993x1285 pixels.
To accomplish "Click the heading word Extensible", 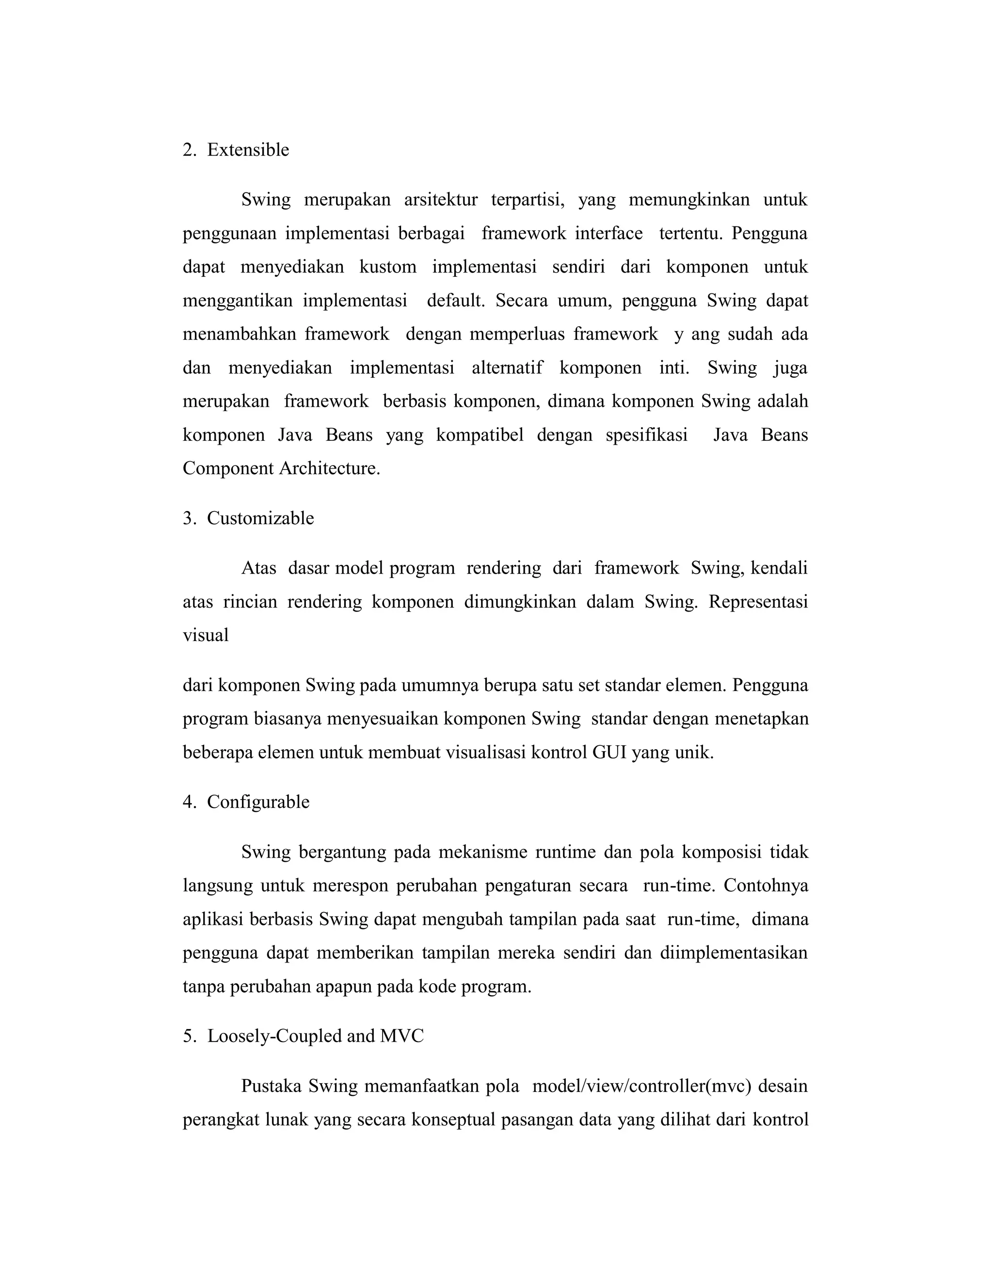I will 248,150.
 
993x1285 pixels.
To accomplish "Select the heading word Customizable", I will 260,518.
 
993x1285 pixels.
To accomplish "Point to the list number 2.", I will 188,150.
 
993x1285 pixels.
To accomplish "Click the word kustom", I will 388,267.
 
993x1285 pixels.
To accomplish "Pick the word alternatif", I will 507,369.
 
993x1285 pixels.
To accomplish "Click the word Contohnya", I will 766,885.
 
